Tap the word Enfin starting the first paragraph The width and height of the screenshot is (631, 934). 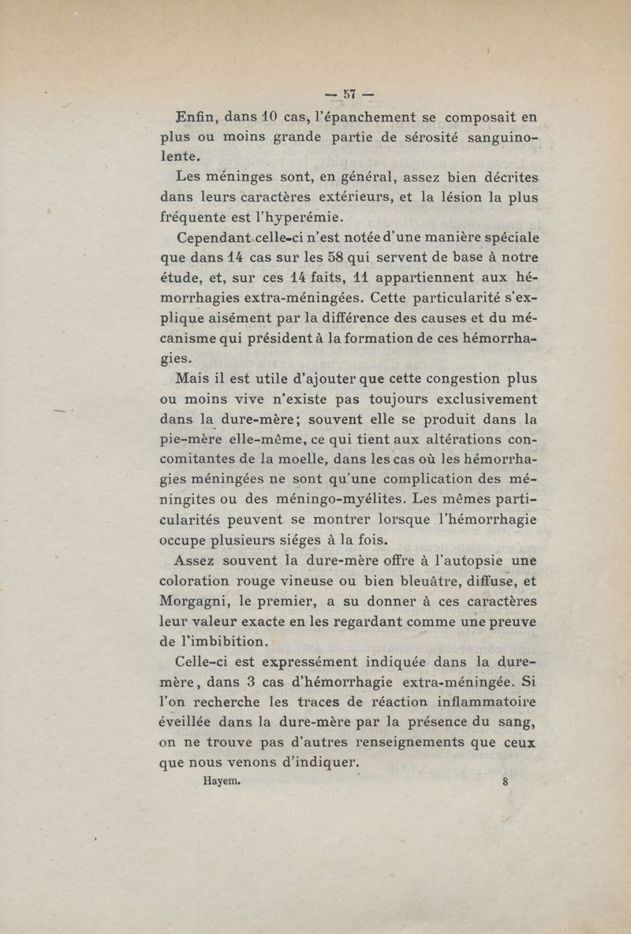tap(196, 117)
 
